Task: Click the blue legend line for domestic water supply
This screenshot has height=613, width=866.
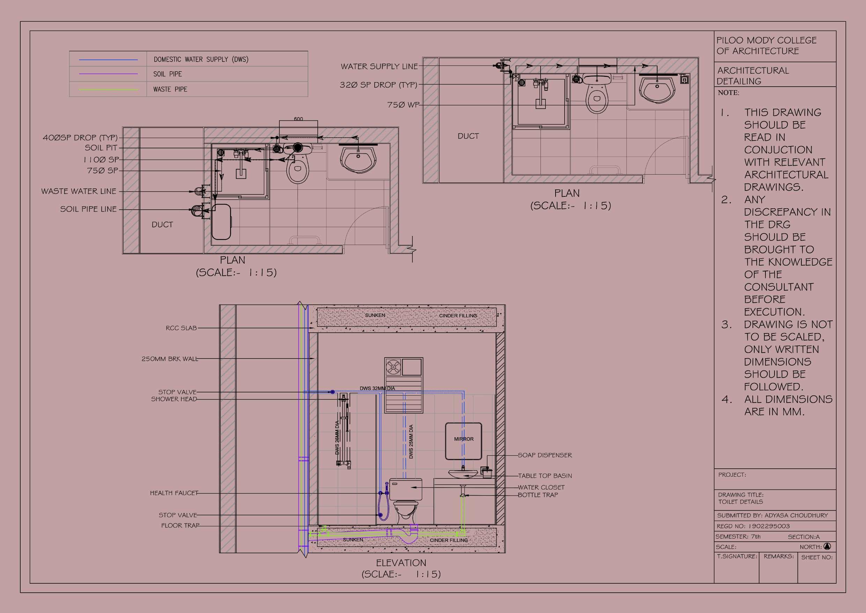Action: point(108,60)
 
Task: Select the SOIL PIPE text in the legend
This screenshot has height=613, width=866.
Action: point(168,74)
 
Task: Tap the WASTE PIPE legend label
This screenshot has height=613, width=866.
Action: point(170,89)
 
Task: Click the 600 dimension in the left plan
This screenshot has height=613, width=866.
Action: point(298,119)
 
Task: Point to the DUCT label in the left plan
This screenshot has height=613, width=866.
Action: point(162,225)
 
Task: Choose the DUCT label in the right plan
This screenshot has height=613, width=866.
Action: point(468,136)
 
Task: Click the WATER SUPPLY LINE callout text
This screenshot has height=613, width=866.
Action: point(379,66)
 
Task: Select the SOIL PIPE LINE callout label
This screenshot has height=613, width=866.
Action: point(88,209)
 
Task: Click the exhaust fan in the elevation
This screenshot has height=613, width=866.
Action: point(393,367)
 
